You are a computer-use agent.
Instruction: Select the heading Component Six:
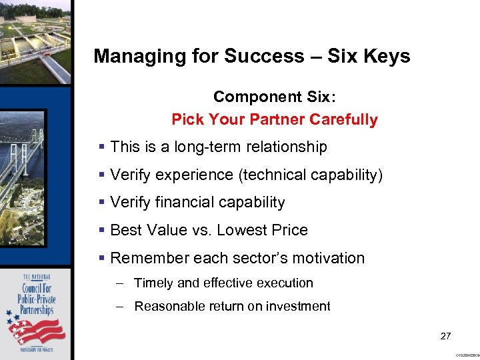(x=275, y=97)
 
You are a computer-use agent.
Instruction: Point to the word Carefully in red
(x=349, y=120)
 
